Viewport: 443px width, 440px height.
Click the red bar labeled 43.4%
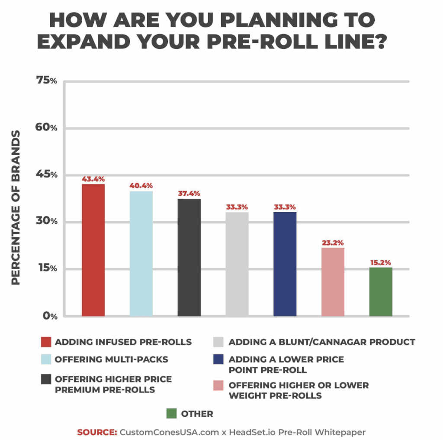coord(93,250)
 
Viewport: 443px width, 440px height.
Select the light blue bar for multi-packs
coord(141,253)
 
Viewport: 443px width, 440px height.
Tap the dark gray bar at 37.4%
coord(189,257)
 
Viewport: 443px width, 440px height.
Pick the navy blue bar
coord(285,264)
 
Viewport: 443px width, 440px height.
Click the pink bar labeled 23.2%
coord(333,281)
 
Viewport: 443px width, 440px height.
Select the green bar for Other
coord(381,291)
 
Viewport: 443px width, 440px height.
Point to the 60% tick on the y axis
coord(46,128)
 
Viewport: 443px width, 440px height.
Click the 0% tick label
coord(49,316)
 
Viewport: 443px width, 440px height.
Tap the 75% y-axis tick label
coord(47,81)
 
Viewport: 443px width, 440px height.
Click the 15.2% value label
coord(381,262)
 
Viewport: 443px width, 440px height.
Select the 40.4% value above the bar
coord(141,186)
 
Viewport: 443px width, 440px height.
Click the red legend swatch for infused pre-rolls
coord(45,342)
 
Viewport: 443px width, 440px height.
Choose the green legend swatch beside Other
coord(172,414)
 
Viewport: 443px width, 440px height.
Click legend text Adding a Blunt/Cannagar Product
coord(322,342)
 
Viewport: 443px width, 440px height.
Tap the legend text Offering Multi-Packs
coord(111,359)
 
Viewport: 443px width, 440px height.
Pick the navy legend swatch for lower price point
coord(220,360)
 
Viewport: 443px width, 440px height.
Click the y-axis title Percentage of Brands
coord(16,207)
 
